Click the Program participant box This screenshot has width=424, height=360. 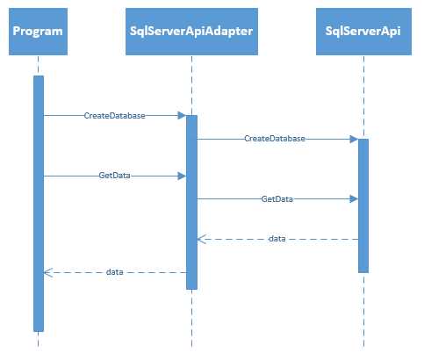point(38,32)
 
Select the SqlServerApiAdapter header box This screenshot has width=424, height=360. point(191,32)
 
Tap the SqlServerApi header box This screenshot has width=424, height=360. point(363,32)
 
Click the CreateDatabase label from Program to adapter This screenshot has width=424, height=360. point(115,115)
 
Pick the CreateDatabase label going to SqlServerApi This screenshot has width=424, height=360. point(275,139)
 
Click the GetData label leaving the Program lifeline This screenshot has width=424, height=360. point(115,176)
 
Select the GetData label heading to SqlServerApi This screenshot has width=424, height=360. point(277,199)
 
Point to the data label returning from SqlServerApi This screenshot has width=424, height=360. point(277,239)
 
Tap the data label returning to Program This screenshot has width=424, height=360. point(115,273)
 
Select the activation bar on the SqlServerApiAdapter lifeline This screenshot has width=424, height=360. point(191,202)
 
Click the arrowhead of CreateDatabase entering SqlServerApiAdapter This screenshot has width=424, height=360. point(182,115)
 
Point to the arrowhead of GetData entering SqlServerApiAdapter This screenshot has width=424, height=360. point(182,176)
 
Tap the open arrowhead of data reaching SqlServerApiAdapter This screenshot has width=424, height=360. point(201,239)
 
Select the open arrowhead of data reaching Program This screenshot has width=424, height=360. point(47,273)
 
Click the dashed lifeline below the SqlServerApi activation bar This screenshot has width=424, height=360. point(363,307)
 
